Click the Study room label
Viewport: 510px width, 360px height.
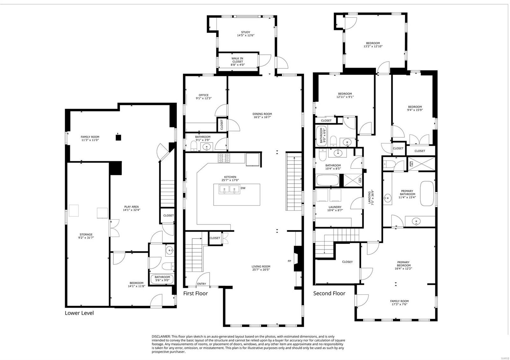(x=245, y=34)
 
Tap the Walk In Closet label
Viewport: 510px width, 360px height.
(x=237, y=61)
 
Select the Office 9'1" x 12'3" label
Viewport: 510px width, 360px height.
(x=204, y=97)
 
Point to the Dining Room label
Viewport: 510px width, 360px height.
(x=262, y=115)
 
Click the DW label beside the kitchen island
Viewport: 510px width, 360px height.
(x=243, y=188)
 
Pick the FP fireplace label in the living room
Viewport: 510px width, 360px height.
(x=289, y=261)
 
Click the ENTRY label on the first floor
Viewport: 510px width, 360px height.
(x=201, y=284)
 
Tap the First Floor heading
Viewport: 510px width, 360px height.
(x=195, y=293)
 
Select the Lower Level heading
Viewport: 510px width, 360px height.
(x=79, y=313)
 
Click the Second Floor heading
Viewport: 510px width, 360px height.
(x=329, y=293)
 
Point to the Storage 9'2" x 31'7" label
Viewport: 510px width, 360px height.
(x=86, y=236)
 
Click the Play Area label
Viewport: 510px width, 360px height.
(x=131, y=208)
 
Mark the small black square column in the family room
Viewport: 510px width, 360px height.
(x=118, y=137)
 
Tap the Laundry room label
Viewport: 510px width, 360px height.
(x=335, y=209)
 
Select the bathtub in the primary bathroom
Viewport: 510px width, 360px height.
(x=427, y=193)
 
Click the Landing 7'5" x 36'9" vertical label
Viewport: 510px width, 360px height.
(x=371, y=198)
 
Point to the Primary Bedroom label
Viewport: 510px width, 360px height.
(x=403, y=265)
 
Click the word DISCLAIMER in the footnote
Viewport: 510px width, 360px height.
(x=161, y=336)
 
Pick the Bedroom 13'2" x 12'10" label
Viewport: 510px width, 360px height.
(x=373, y=45)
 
